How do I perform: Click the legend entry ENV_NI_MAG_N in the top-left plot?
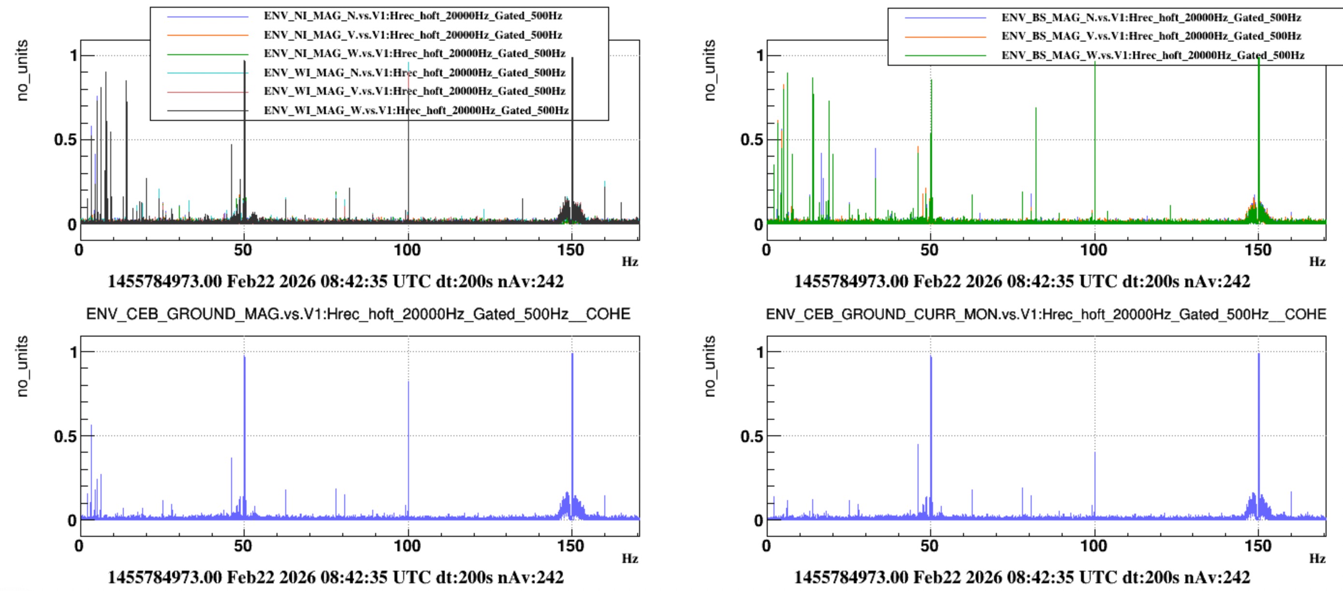(x=412, y=15)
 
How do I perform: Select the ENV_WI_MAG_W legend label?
(x=415, y=110)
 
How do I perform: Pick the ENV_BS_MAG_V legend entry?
(x=1151, y=36)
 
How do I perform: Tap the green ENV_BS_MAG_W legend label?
(x=1152, y=55)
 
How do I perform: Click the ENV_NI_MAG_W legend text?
(x=414, y=53)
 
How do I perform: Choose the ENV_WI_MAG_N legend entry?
(x=414, y=73)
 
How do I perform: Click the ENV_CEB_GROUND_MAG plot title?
(x=358, y=314)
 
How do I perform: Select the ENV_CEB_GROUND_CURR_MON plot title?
(x=1046, y=314)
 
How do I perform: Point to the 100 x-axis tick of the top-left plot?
(x=407, y=251)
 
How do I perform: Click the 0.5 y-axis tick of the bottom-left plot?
(x=65, y=436)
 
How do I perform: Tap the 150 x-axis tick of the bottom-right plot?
(x=1258, y=546)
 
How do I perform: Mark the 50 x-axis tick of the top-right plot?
(x=930, y=251)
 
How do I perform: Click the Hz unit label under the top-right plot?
(x=1317, y=261)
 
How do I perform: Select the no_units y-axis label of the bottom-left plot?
(x=22, y=366)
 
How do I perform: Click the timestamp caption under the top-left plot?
(x=335, y=281)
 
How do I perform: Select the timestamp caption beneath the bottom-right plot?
(x=1022, y=577)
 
